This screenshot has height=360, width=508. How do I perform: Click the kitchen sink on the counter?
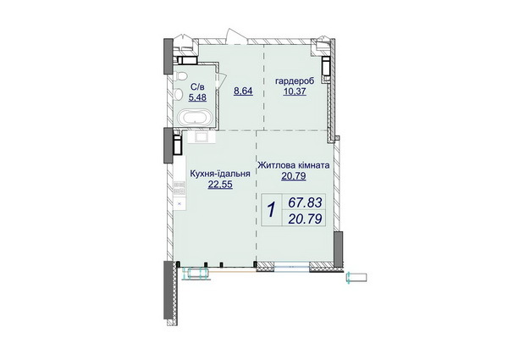202,135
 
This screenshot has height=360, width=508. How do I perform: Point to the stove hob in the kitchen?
179,191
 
